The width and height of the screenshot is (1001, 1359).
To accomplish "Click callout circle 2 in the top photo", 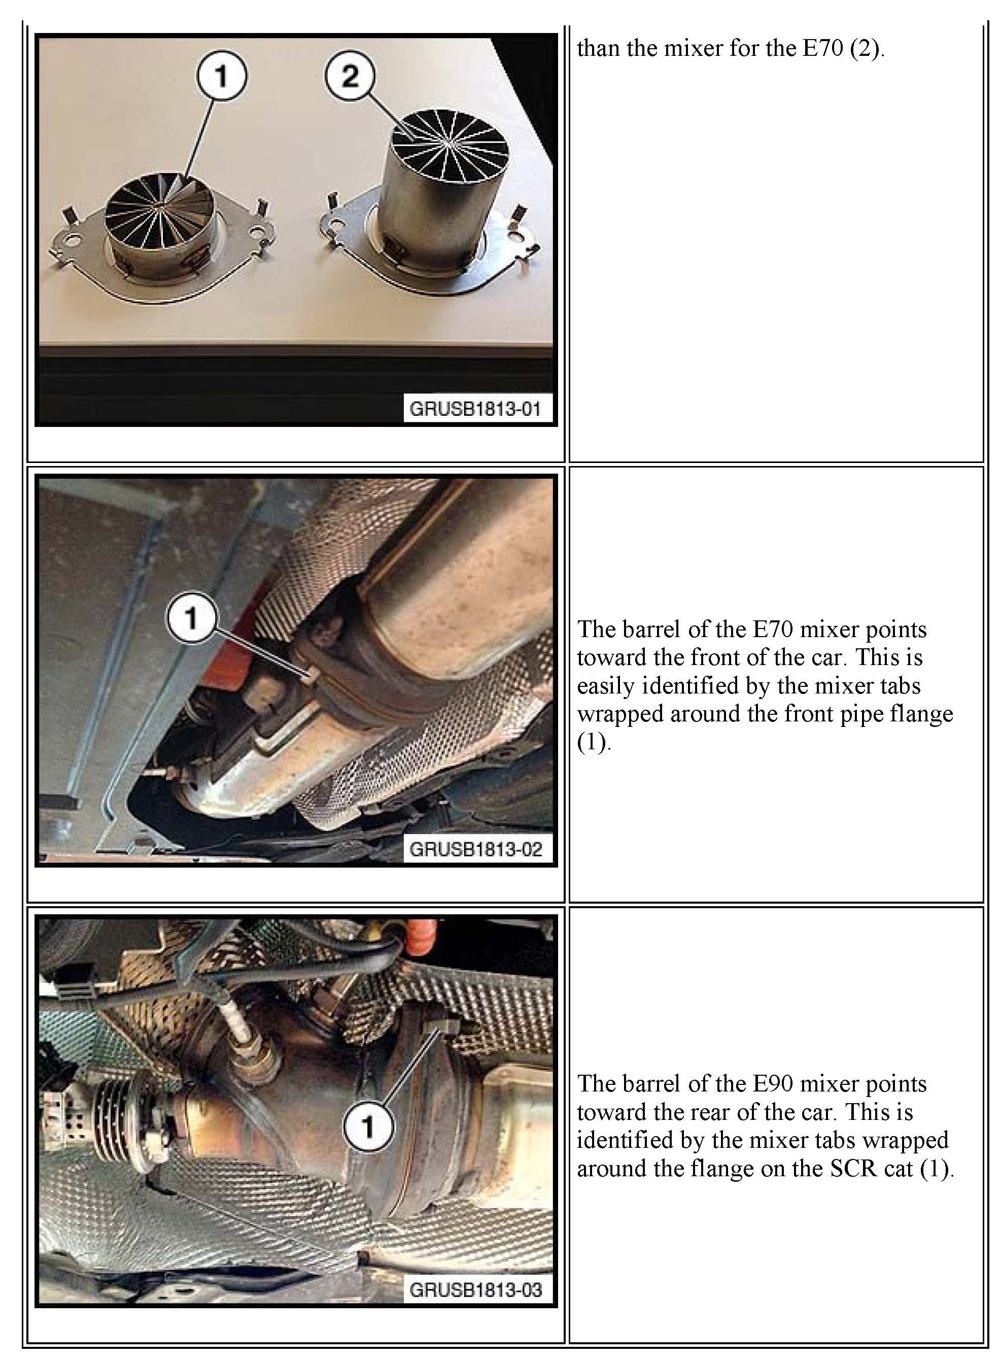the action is (x=350, y=76).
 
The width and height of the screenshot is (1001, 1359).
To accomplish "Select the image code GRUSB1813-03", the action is (x=476, y=1289).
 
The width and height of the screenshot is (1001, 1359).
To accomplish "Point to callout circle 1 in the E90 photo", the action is (x=368, y=1128).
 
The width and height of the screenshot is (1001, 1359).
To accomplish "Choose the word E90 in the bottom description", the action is (x=772, y=1083).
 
